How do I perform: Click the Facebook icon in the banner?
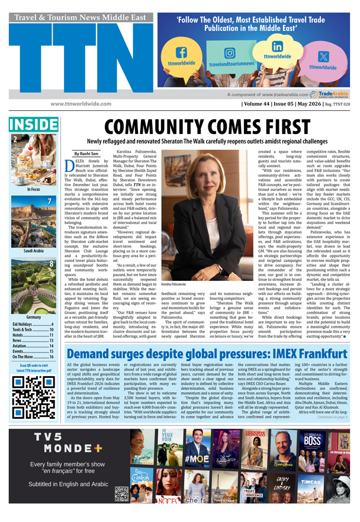tap(183, 54)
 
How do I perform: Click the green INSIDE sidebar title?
tap(33, 124)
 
